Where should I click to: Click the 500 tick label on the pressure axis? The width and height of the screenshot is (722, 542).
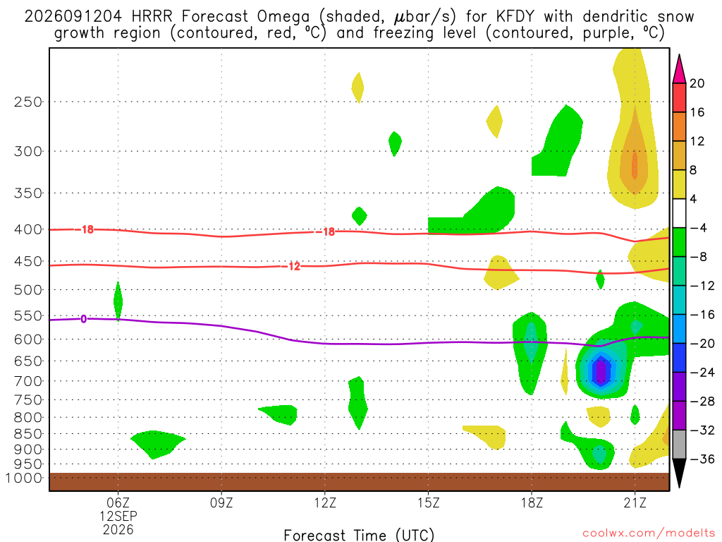[28, 290]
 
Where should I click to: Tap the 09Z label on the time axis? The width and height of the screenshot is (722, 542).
[221, 502]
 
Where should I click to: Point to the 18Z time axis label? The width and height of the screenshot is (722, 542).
[532, 502]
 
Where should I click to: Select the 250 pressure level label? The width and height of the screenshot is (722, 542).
[28, 102]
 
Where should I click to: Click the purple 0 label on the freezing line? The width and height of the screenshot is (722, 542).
[83, 319]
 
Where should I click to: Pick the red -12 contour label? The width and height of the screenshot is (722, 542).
[291, 266]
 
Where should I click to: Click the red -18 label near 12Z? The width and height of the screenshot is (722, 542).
[326, 231]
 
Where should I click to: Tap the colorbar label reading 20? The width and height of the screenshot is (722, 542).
[697, 83]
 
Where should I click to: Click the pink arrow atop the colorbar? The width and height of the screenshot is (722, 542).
[679, 69]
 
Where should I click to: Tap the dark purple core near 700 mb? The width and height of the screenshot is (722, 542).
[601, 371]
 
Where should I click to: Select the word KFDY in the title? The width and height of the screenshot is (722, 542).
[515, 17]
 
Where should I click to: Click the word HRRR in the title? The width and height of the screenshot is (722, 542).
[152, 17]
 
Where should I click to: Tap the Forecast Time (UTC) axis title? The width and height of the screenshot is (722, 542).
[359, 535]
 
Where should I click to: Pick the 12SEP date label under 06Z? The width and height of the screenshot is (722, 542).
[118, 516]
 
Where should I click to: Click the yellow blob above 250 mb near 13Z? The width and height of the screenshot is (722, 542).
[357, 88]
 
